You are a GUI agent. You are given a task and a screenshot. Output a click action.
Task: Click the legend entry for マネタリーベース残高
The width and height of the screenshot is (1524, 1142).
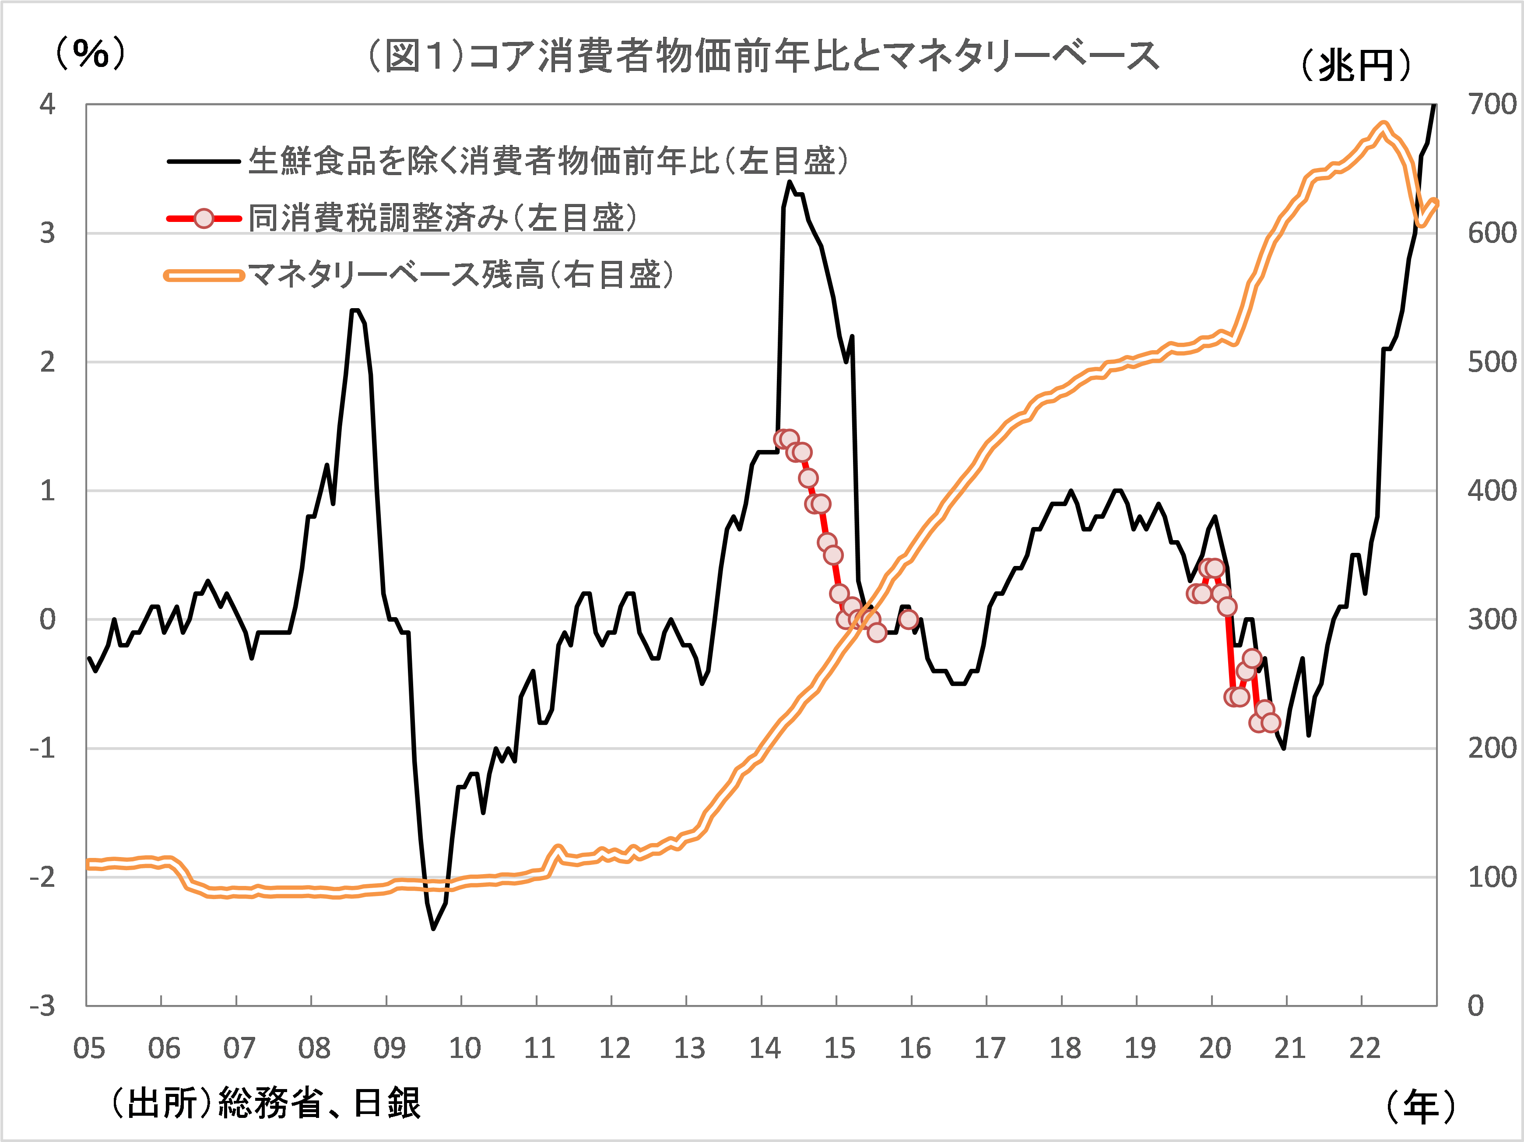(x=460, y=275)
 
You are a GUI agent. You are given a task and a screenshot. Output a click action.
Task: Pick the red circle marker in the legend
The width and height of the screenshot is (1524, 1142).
(x=204, y=218)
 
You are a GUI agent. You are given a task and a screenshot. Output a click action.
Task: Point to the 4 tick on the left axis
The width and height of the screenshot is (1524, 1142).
(x=47, y=104)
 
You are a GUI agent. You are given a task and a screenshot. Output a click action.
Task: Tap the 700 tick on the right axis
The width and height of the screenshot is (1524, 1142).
(x=1492, y=104)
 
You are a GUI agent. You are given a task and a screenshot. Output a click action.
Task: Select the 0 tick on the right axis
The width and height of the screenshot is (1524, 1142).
(x=1476, y=1007)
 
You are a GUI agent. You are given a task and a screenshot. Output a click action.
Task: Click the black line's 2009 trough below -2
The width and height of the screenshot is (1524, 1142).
(x=433, y=928)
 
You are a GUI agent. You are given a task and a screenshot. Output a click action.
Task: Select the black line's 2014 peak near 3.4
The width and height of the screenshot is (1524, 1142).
(x=790, y=182)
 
